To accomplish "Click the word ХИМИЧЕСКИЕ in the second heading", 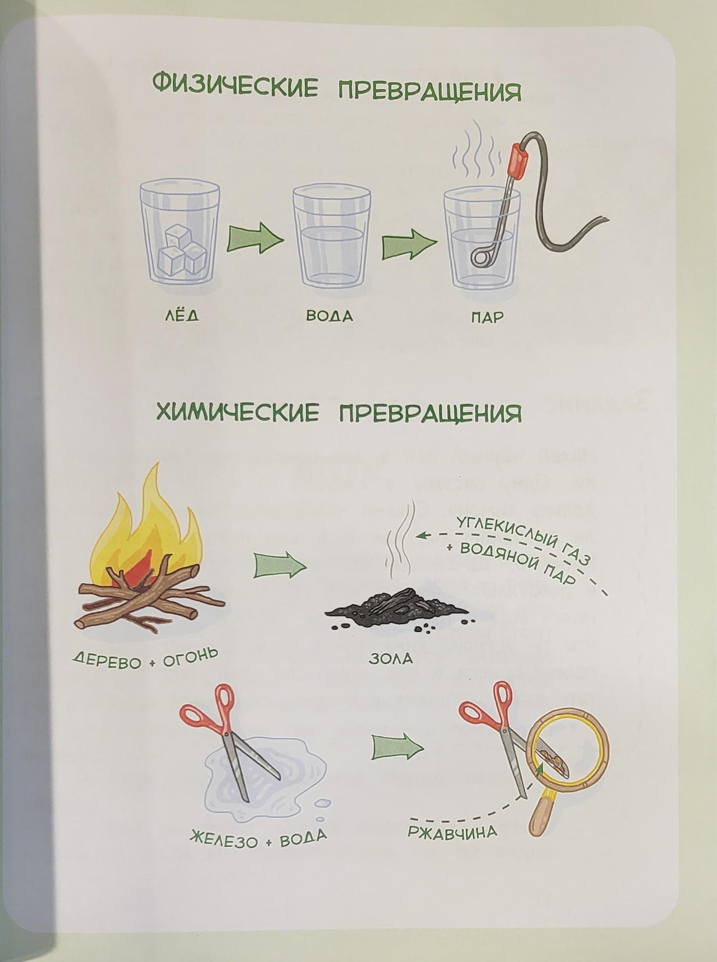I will pos(237,412).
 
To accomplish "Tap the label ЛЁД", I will pos(181,316).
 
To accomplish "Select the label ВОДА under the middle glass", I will pos(329,316).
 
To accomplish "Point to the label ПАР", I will pos(487,318).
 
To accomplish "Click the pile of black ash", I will pos(397,605).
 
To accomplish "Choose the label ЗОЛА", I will pos(390,658).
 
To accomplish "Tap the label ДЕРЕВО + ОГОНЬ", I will pos(145,658).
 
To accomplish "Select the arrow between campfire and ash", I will pos(279,566).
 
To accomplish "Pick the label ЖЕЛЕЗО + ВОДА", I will pos(258,838).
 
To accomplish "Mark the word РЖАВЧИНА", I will pos(452,831).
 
